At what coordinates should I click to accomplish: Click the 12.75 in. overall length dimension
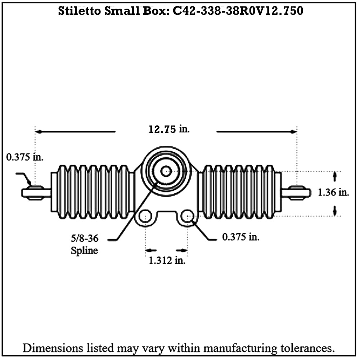click(169, 129)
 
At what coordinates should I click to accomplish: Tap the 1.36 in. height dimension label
click(333, 192)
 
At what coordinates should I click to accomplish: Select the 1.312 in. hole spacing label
click(167, 260)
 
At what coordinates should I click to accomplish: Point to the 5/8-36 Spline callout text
click(85, 244)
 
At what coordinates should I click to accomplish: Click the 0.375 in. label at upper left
click(25, 157)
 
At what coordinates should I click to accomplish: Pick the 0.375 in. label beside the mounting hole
click(241, 237)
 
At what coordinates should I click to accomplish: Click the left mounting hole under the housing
click(145, 216)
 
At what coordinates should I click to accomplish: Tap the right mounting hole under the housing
click(187, 216)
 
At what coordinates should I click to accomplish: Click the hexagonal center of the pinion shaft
click(166, 171)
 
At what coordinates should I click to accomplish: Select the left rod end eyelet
click(35, 193)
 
